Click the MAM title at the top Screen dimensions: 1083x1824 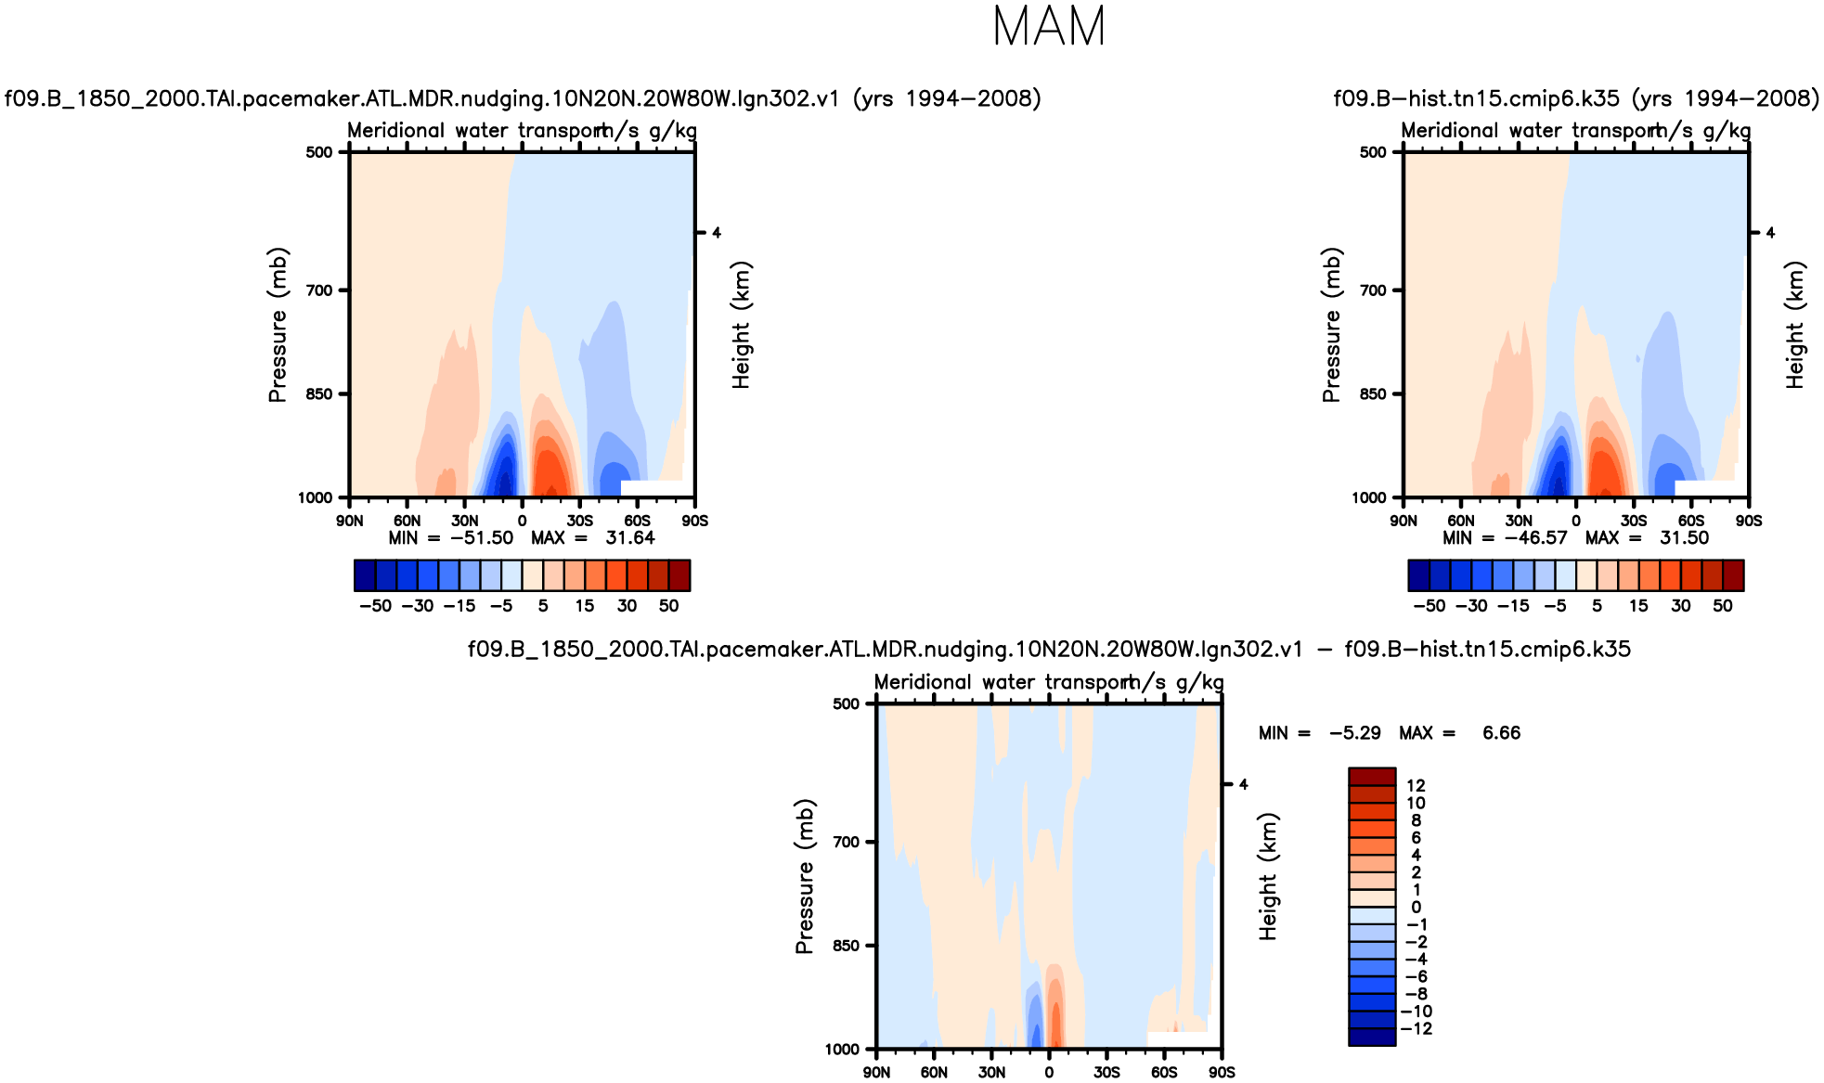(1049, 27)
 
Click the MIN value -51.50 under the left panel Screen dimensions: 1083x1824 (482, 538)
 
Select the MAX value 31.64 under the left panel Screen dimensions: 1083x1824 (630, 538)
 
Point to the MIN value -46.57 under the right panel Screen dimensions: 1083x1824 (1535, 538)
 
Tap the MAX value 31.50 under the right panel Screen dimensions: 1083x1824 (1684, 538)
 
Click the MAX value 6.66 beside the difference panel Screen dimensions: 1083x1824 (1501, 733)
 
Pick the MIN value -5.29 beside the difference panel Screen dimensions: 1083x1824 (1354, 733)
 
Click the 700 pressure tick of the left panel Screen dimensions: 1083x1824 (319, 290)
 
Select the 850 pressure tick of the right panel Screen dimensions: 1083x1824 (1373, 394)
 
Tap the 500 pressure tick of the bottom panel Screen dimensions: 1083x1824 (847, 704)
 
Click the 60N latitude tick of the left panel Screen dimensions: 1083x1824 (407, 521)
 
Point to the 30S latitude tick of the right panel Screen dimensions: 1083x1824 (1634, 521)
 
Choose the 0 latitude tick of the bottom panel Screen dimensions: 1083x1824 (1049, 1073)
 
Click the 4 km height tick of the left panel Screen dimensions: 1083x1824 (717, 233)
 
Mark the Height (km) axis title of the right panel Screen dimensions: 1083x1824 (1795, 325)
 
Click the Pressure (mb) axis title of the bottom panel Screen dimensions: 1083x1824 (804, 876)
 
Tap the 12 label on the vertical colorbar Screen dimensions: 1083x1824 (1416, 786)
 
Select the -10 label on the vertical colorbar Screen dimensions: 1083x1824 (1417, 1012)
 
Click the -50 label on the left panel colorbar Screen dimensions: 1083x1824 (375, 606)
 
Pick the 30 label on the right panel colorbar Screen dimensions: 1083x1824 (1680, 606)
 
